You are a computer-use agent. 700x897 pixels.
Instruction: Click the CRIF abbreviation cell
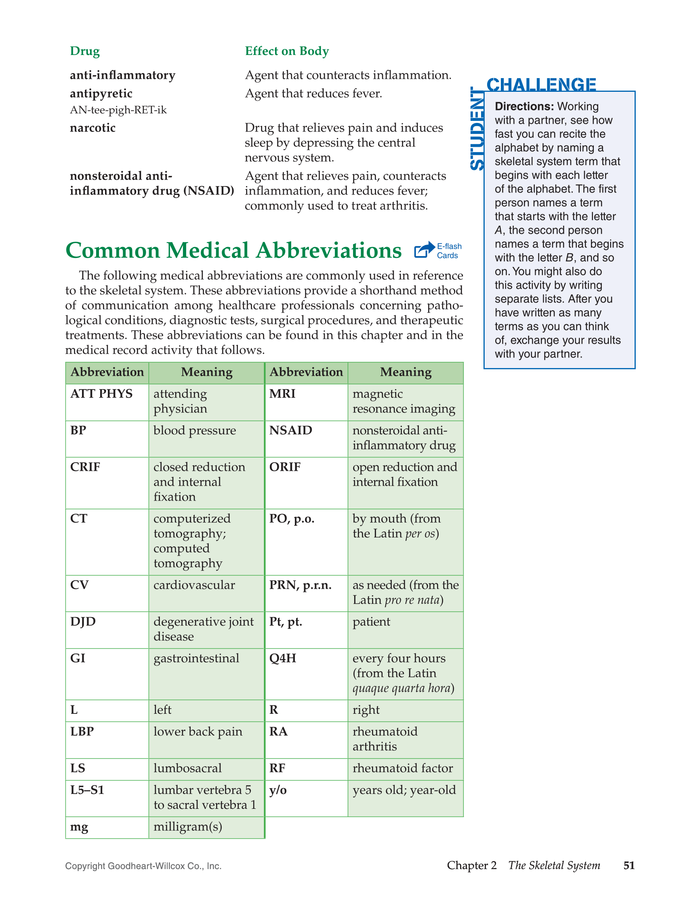(x=85, y=468)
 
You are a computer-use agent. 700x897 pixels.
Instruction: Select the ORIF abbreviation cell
(x=285, y=468)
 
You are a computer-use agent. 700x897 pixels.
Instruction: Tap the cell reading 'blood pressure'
(x=195, y=431)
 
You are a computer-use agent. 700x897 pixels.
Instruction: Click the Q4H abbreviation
(x=283, y=658)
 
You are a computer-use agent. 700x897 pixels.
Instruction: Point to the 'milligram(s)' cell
(x=188, y=827)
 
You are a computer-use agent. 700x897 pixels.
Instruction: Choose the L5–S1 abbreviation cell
(x=87, y=790)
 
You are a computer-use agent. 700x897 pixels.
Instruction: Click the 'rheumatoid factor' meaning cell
(x=403, y=768)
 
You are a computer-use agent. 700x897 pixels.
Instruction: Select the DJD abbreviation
(x=83, y=622)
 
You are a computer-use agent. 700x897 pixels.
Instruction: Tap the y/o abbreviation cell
(x=278, y=790)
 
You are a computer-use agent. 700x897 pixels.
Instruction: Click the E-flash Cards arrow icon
(x=424, y=250)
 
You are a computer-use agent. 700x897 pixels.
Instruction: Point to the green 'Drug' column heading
(x=84, y=51)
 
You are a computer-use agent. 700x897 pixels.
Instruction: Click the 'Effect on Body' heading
(x=287, y=51)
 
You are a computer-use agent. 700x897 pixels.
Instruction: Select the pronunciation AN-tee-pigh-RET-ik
(x=118, y=110)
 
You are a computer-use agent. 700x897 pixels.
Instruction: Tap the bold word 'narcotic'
(x=93, y=128)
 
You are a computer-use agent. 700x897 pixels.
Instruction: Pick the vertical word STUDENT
(x=477, y=129)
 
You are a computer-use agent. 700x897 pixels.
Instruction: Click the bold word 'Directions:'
(x=524, y=107)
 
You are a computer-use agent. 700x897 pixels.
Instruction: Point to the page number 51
(x=629, y=865)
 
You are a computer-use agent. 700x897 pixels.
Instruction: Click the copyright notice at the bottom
(x=143, y=866)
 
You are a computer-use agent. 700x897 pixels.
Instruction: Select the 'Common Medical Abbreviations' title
(x=233, y=250)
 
